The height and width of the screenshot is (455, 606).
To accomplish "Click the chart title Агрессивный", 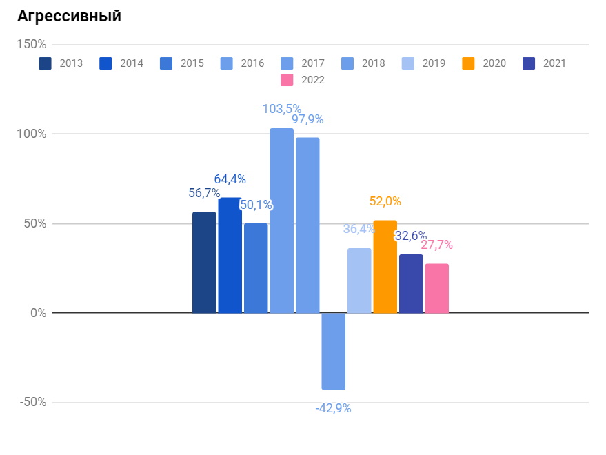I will coord(69,17).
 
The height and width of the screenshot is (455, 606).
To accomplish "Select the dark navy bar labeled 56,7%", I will coord(204,263).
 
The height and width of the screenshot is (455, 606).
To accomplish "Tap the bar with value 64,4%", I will coord(230,256).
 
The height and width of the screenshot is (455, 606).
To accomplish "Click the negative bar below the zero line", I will coord(333,351).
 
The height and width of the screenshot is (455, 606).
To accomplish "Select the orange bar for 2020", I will coord(385,267).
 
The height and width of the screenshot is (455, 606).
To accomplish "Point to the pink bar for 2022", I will coord(436,288).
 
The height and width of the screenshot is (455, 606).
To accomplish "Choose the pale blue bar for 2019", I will coord(359,281).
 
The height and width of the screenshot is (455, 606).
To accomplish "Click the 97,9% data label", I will coord(307,119).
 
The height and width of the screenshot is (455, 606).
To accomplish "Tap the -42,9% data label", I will coord(333,408).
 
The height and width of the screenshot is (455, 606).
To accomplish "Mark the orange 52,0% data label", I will coord(385,201).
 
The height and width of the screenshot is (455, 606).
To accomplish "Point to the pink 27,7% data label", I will coord(436,245).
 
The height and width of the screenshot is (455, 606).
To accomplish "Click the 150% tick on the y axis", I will coord(32,45).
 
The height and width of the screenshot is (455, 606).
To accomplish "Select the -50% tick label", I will coord(32,403).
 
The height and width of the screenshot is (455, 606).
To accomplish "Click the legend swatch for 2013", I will coord(46,63).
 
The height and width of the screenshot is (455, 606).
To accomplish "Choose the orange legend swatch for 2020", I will coord(468,63).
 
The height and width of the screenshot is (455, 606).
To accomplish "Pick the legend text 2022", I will coord(312,80).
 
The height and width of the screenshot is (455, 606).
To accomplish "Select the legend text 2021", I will coord(554,63).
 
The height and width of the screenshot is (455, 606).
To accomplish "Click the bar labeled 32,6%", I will coord(411,283).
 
